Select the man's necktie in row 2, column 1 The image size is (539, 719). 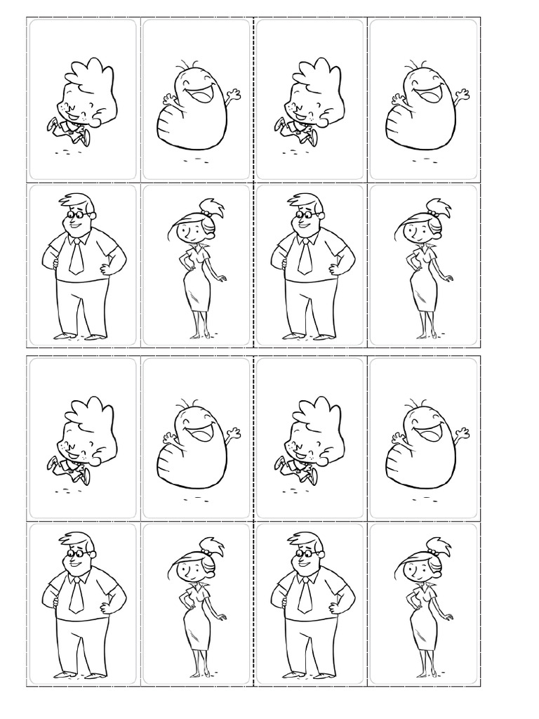pos(76,256)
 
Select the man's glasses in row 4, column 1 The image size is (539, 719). pos(77,554)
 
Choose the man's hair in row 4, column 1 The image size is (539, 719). pos(79,539)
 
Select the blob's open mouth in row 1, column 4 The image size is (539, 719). pos(424,94)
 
